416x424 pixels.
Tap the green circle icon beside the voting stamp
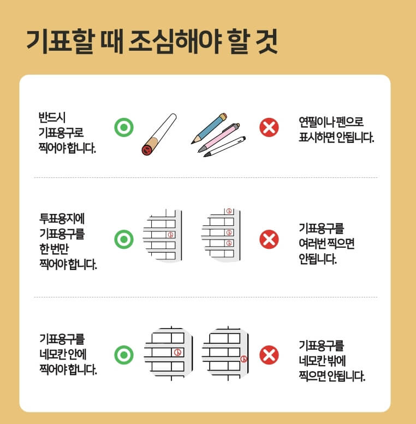pyautogui.click(x=124, y=128)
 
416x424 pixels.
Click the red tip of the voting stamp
pyautogui.click(x=146, y=150)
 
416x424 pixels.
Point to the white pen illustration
pyautogui.click(x=224, y=147)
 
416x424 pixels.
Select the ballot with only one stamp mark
pyautogui.click(x=162, y=235)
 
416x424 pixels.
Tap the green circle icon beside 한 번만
pyautogui.click(x=124, y=239)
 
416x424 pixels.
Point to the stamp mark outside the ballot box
pyautogui.click(x=243, y=359)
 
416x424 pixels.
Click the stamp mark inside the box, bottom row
pyautogui.click(x=176, y=352)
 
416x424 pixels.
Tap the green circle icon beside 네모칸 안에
pyautogui.click(x=124, y=355)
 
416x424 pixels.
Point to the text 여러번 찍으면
pyautogui.click(x=326, y=244)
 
